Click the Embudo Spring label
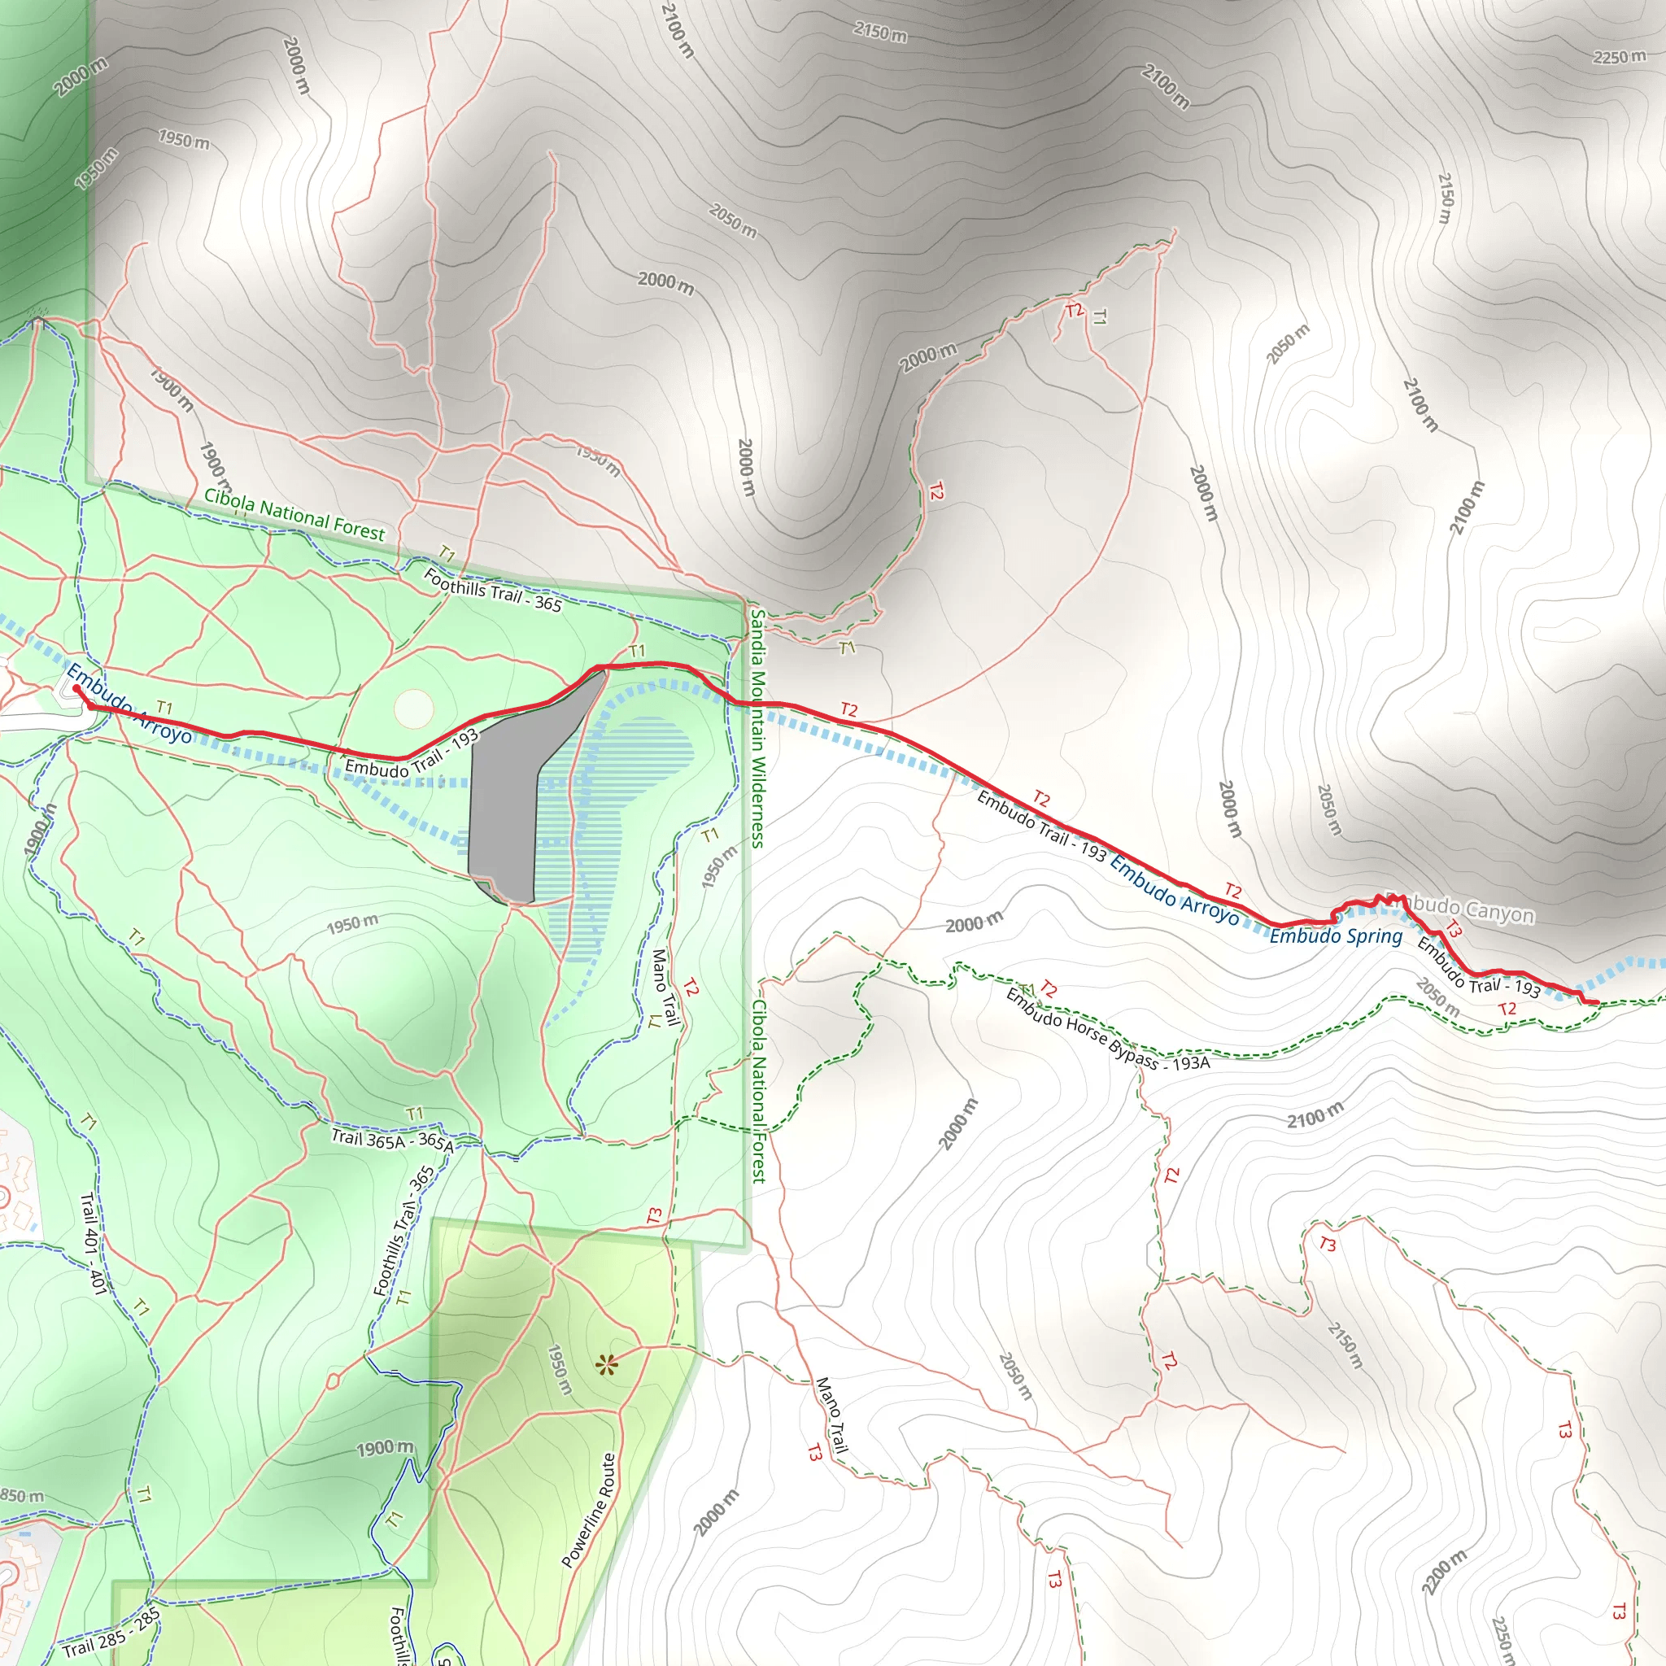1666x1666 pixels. pos(1336,936)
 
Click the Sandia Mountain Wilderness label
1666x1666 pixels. pos(757,729)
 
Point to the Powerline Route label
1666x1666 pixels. pos(589,1510)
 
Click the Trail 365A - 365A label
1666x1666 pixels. pos(391,1140)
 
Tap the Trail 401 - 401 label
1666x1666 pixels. pos(93,1244)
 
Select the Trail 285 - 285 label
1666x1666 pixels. pos(111,1633)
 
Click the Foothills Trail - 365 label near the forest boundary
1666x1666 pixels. pos(492,590)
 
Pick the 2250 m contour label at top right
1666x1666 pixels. pos(1619,58)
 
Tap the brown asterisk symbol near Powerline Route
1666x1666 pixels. pos(607,1364)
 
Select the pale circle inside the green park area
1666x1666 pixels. pos(414,708)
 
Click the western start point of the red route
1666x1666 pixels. pos(76,688)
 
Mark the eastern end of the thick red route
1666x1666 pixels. pos(1596,1002)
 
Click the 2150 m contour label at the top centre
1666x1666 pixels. pos(880,33)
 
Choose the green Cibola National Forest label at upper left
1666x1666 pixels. pos(294,515)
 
